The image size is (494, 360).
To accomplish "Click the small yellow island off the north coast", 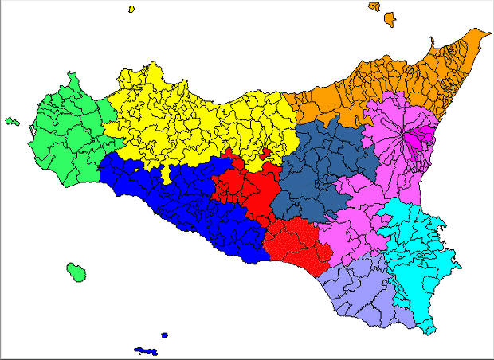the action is [x=131, y=10].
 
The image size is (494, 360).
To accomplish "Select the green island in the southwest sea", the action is [x=76, y=272].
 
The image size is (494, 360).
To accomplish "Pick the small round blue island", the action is [x=164, y=335].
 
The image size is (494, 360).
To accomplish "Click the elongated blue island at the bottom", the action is [x=145, y=350].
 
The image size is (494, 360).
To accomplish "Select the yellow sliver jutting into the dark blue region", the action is [x=166, y=174].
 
